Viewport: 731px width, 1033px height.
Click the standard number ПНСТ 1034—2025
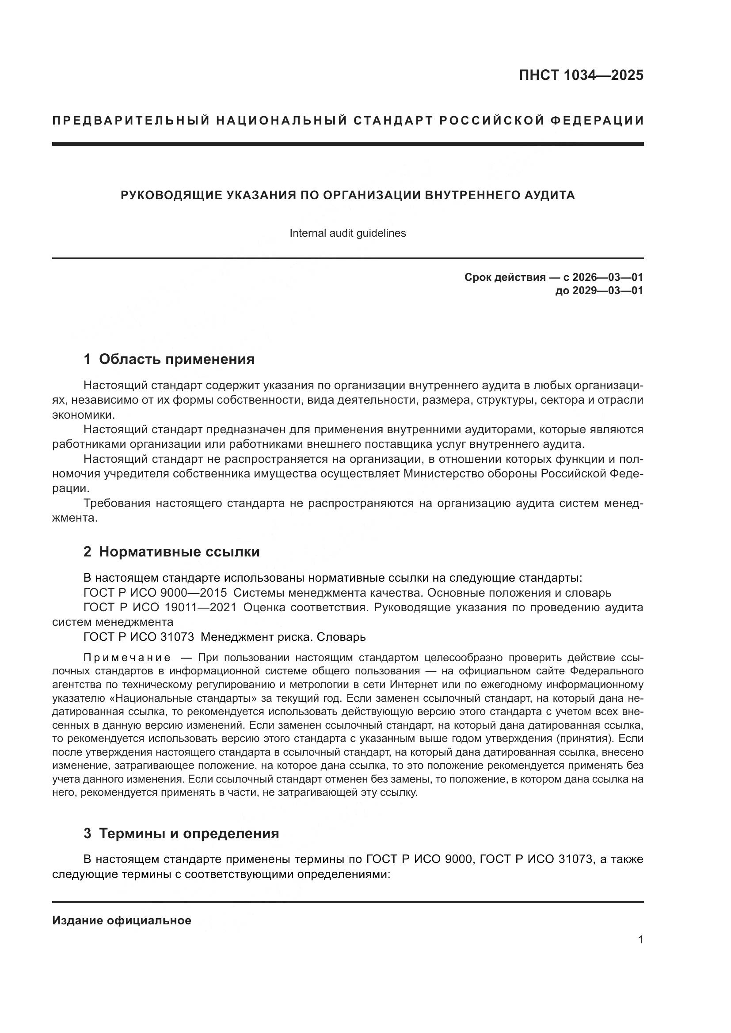[x=581, y=75]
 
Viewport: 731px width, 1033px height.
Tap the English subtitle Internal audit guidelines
[x=347, y=233]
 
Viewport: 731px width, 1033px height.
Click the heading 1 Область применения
[x=169, y=359]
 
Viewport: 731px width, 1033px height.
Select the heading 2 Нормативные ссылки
[x=171, y=552]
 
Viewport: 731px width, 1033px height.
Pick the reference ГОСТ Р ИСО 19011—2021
[x=160, y=607]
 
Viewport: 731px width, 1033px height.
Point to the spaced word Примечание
[x=127, y=658]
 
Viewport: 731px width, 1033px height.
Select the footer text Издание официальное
[x=122, y=920]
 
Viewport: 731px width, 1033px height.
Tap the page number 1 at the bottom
[x=640, y=940]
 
